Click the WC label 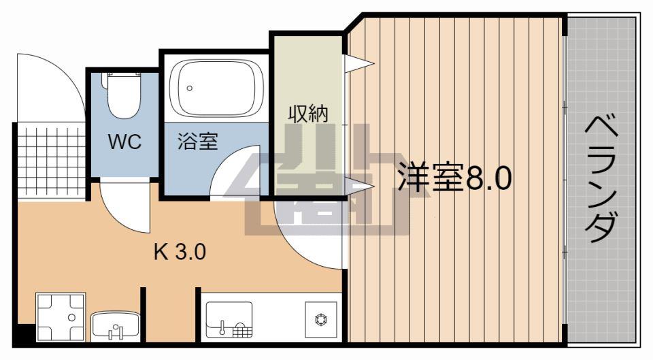(125, 143)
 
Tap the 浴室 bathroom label (197, 142)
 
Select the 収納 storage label (307, 114)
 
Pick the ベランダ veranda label (602, 180)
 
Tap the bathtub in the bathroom (216, 88)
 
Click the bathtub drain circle (190, 88)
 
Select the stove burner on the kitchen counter (320, 318)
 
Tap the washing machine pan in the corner (61, 318)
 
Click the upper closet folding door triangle (358, 65)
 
